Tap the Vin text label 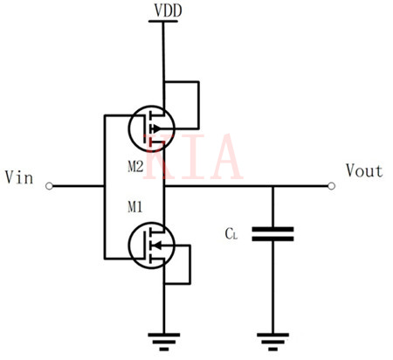[x=19, y=177]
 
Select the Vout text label [x=362, y=171]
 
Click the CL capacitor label [x=231, y=234]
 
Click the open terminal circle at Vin [x=50, y=186]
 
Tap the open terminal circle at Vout [x=331, y=186]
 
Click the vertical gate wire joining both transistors [x=104, y=186]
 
